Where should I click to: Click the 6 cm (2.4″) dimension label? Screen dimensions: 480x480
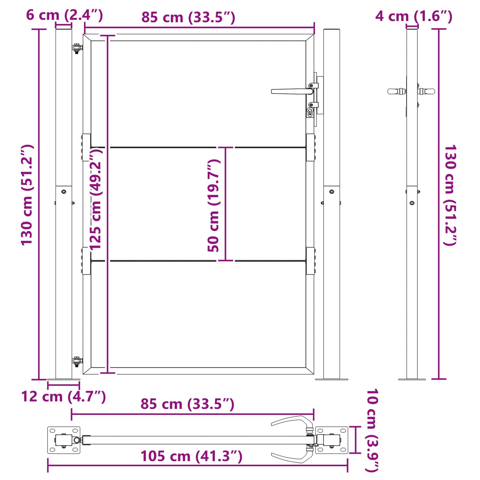(x=64, y=15)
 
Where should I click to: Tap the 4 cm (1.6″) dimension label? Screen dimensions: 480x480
(x=414, y=16)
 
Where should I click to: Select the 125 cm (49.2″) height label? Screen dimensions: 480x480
(x=96, y=199)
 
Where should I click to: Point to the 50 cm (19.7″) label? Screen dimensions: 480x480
(x=214, y=205)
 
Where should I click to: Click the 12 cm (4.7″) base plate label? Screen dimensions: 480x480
(x=63, y=396)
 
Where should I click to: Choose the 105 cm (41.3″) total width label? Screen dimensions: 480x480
(x=191, y=456)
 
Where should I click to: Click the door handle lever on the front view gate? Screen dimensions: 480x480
(x=289, y=91)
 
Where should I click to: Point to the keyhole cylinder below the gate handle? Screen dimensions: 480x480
(x=310, y=112)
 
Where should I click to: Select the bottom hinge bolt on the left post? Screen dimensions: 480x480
(x=77, y=360)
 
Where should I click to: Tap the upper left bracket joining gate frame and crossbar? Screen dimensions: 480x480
(x=86, y=147)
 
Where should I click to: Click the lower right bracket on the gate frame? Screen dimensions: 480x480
(x=311, y=261)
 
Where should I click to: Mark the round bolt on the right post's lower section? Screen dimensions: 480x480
(x=332, y=192)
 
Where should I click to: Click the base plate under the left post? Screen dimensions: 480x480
(x=63, y=379)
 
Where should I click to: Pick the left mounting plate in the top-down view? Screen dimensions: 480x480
(x=64, y=440)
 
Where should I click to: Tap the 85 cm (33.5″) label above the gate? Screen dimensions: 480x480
(x=188, y=17)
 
